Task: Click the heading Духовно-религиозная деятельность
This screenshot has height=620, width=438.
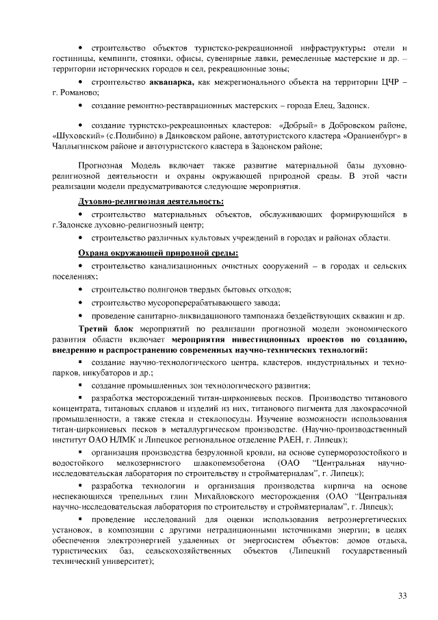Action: [x=151, y=201]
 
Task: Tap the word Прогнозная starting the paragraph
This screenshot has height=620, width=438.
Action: [x=100, y=166]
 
